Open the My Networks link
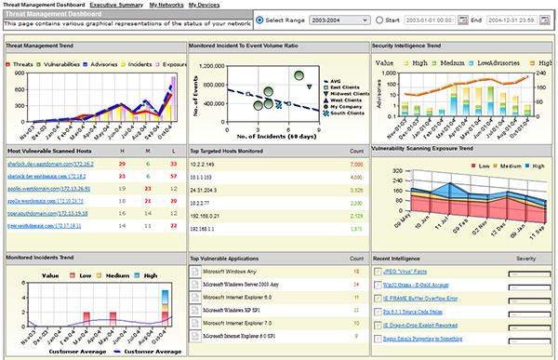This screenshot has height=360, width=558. [x=166, y=6]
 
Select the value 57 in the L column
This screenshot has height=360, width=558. [x=174, y=176]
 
